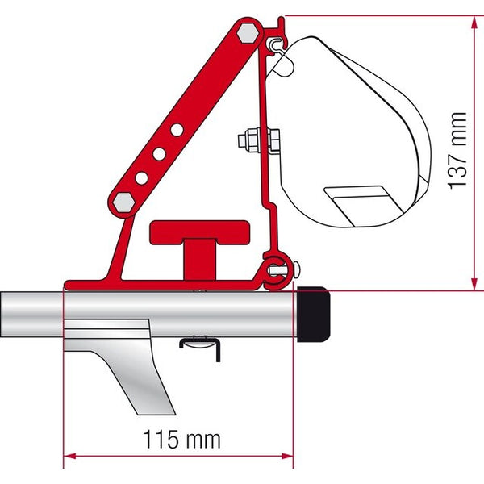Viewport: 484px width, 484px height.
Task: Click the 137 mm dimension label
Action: tap(459, 161)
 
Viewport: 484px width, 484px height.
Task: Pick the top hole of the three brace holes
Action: tap(175, 128)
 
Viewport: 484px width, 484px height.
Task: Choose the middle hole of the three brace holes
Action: tap(160, 152)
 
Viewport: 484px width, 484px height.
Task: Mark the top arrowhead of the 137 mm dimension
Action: tap(470, 19)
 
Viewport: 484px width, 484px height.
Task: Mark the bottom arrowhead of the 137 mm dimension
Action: tap(470, 285)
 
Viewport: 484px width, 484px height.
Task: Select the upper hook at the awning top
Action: tap(278, 40)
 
